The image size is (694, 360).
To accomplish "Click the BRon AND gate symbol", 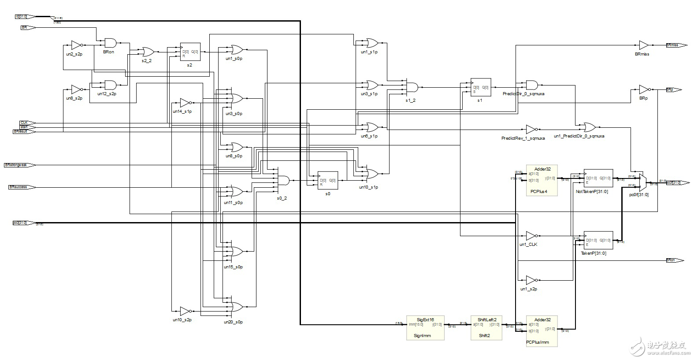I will tap(110, 43).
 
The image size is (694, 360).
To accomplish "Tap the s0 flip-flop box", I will tap(328, 180).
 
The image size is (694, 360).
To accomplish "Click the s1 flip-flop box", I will tap(481, 88).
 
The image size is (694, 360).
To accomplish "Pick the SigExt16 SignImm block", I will tap(425, 327).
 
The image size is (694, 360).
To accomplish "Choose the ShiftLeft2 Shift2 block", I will tap(486, 327).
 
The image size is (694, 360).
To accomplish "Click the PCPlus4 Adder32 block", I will tap(542, 180).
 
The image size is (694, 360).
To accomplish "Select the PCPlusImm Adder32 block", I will tap(542, 330).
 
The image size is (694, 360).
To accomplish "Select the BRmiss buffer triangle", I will tap(643, 45).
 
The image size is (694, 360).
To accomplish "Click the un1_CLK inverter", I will tap(531, 236).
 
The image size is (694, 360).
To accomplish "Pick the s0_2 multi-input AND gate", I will tap(283, 181).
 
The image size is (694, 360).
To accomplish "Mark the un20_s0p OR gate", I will tap(236, 306).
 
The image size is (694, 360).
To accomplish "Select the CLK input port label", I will tap(24, 122).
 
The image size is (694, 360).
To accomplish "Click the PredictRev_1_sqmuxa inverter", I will tap(531, 129).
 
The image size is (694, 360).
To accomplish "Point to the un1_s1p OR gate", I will tap(371, 43).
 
